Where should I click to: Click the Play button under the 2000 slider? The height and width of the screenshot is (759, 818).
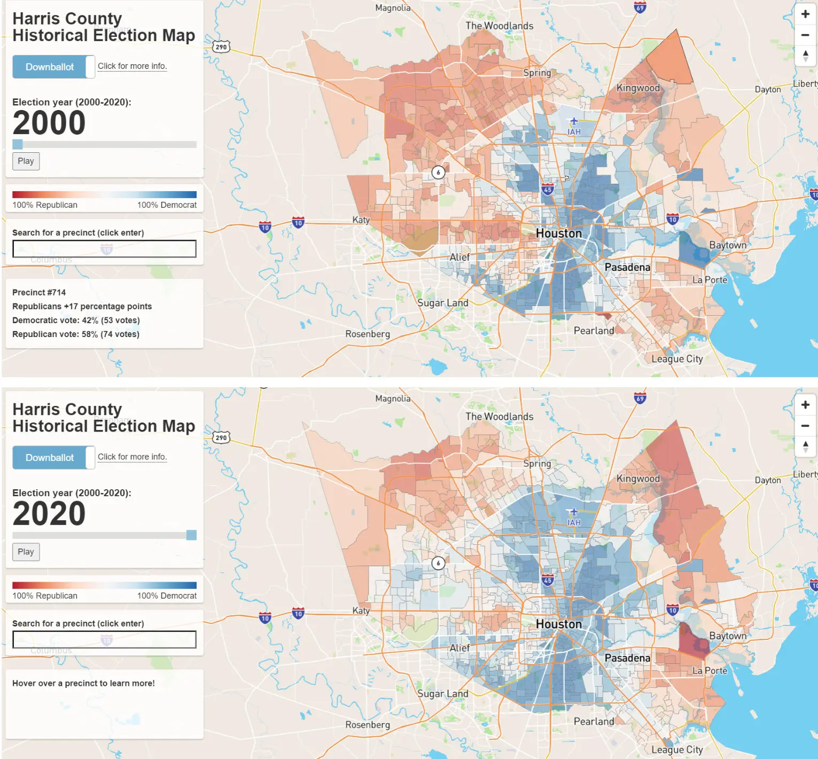click(x=26, y=161)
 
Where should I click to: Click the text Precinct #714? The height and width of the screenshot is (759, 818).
click(x=39, y=293)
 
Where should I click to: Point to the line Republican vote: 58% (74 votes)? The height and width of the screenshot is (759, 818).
click(x=76, y=334)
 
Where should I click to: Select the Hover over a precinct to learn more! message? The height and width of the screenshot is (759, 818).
click(x=83, y=684)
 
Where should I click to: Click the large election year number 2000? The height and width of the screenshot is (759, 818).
click(x=49, y=123)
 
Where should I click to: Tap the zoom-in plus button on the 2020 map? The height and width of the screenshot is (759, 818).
click(x=805, y=405)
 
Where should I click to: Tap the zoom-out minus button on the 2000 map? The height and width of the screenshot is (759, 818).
click(x=805, y=35)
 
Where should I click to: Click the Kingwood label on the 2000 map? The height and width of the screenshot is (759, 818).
click(x=638, y=88)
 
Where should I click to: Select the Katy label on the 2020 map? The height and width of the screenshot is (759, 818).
click(x=361, y=611)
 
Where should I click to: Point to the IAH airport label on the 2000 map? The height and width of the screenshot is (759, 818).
click(x=574, y=131)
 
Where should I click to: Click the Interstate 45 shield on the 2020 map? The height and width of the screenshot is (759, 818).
click(x=548, y=580)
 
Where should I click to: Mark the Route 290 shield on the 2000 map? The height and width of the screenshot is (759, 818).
click(x=221, y=47)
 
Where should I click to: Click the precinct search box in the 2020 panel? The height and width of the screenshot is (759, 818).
click(x=104, y=639)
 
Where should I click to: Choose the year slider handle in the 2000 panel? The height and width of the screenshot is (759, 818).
click(x=18, y=144)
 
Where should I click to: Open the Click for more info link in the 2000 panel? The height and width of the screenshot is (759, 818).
click(x=132, y=66)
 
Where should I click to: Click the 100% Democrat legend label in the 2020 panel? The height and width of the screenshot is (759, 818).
click(x=167, y=596)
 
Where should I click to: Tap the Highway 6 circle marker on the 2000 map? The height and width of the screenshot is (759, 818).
click(x=438, y=172)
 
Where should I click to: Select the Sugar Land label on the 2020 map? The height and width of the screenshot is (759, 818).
click(x=442, y=694)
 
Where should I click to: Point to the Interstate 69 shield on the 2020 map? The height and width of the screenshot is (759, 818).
click(x=640, y=398)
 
